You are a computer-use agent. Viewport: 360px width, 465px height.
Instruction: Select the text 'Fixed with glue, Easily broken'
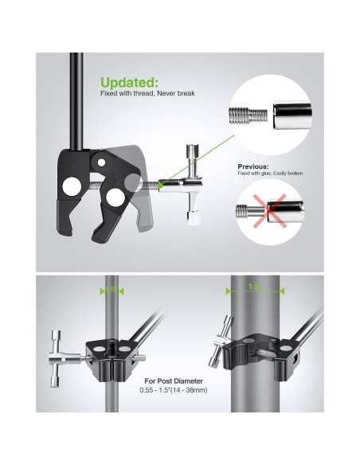tap(270, 174)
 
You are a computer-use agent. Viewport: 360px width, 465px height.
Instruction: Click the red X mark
tap(272, 213)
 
